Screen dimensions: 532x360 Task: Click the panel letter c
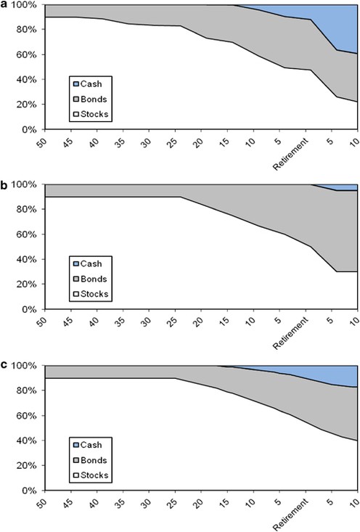(4, 365)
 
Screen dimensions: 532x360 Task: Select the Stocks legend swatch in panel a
(75, 115)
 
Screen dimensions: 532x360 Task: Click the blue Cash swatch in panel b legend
(75, 264)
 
